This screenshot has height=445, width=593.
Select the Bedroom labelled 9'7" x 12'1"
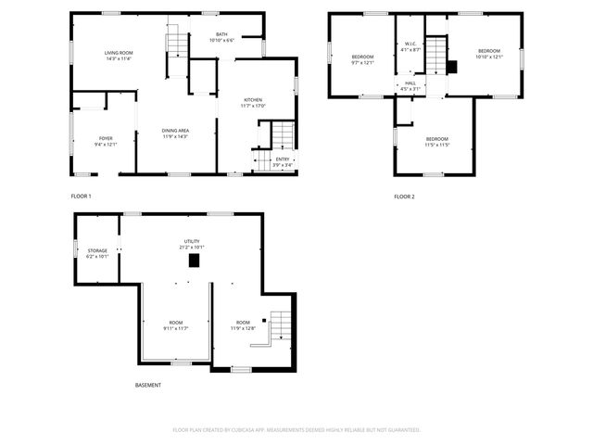coord(362,59)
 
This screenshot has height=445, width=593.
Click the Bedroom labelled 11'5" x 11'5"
coord(436,141)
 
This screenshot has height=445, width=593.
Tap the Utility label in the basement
coord(192,244)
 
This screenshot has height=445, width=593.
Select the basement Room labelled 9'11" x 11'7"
coord(176,324)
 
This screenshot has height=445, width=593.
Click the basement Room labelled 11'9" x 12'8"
coord(243,324)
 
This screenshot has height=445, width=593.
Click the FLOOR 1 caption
coord(82,197)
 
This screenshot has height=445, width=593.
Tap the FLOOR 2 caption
coord(404,197)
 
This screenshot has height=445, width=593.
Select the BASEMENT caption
coord(148,385)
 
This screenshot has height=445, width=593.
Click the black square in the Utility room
coord(194,261)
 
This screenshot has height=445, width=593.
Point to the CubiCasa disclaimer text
coord(296,430)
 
